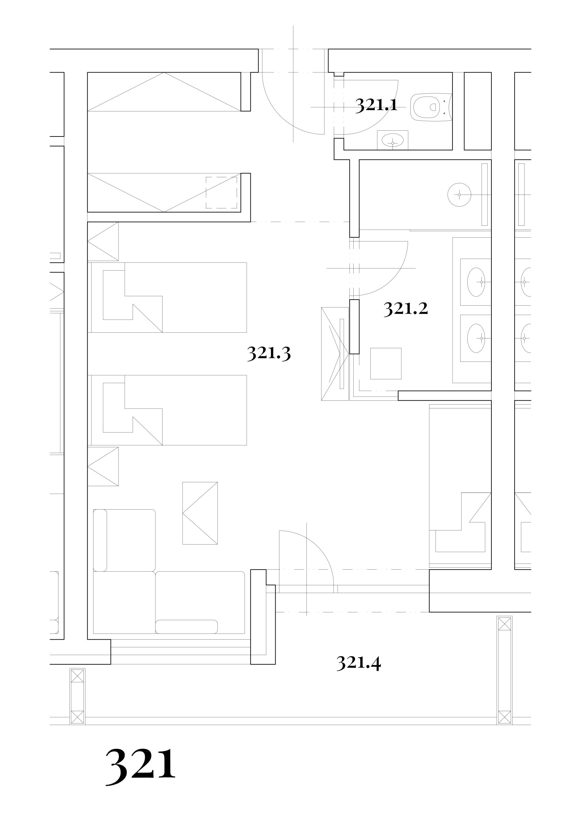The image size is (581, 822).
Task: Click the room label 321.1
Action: coord(376,105)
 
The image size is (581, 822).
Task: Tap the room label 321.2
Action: coord(406,309)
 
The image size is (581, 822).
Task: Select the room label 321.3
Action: coord(269,353)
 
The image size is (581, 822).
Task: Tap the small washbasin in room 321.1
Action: coord(392,140)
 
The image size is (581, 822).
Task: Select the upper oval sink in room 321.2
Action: coord(476,282)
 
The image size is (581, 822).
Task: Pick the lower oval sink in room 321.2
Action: coord(476,338)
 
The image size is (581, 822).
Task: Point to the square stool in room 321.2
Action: coord(386,363)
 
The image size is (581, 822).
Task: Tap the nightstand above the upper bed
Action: coord(103,242)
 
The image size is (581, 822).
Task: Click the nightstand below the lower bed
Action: coord(103,467)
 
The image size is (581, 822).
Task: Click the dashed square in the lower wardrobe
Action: coord(221,193)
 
